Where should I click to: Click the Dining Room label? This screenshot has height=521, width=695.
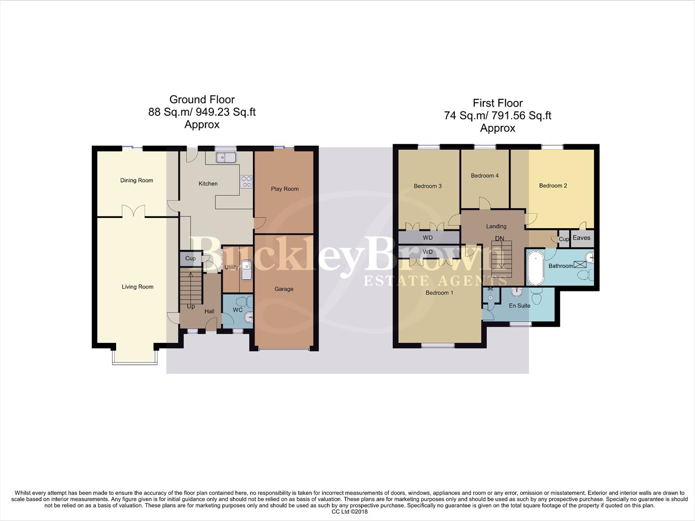click(x=136, y=180)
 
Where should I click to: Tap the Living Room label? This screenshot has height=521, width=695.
click(x=137, y=287)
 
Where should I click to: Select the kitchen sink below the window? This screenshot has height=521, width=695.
click(x=225, y=157)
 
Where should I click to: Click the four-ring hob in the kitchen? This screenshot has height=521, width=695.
click(x=246, y=181)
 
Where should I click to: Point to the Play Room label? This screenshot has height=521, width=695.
click(x=285, y=189)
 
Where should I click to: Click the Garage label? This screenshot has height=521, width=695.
click(x=284, y=289)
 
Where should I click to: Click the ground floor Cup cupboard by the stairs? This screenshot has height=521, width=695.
click(x=191, y=259)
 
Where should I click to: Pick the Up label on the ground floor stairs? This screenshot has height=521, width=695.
click(x=191, y=306)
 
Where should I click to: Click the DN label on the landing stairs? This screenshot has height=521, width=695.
click(x=500, y=239)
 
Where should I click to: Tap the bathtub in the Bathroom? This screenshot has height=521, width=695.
click(x=534, y=268)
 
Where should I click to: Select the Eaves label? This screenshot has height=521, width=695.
click(x=581, y=238)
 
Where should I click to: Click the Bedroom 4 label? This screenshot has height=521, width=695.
click(x=485, y=176)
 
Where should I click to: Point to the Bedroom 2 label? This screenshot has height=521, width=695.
click(x=553, y=186)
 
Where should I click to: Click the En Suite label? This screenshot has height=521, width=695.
click(x=519, y=305)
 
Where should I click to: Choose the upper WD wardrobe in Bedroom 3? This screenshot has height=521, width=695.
click(x=428, y=238)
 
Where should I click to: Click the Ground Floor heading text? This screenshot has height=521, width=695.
click(x=202, y=99)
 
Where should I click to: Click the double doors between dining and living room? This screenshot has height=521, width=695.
click(x=133, y=211)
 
